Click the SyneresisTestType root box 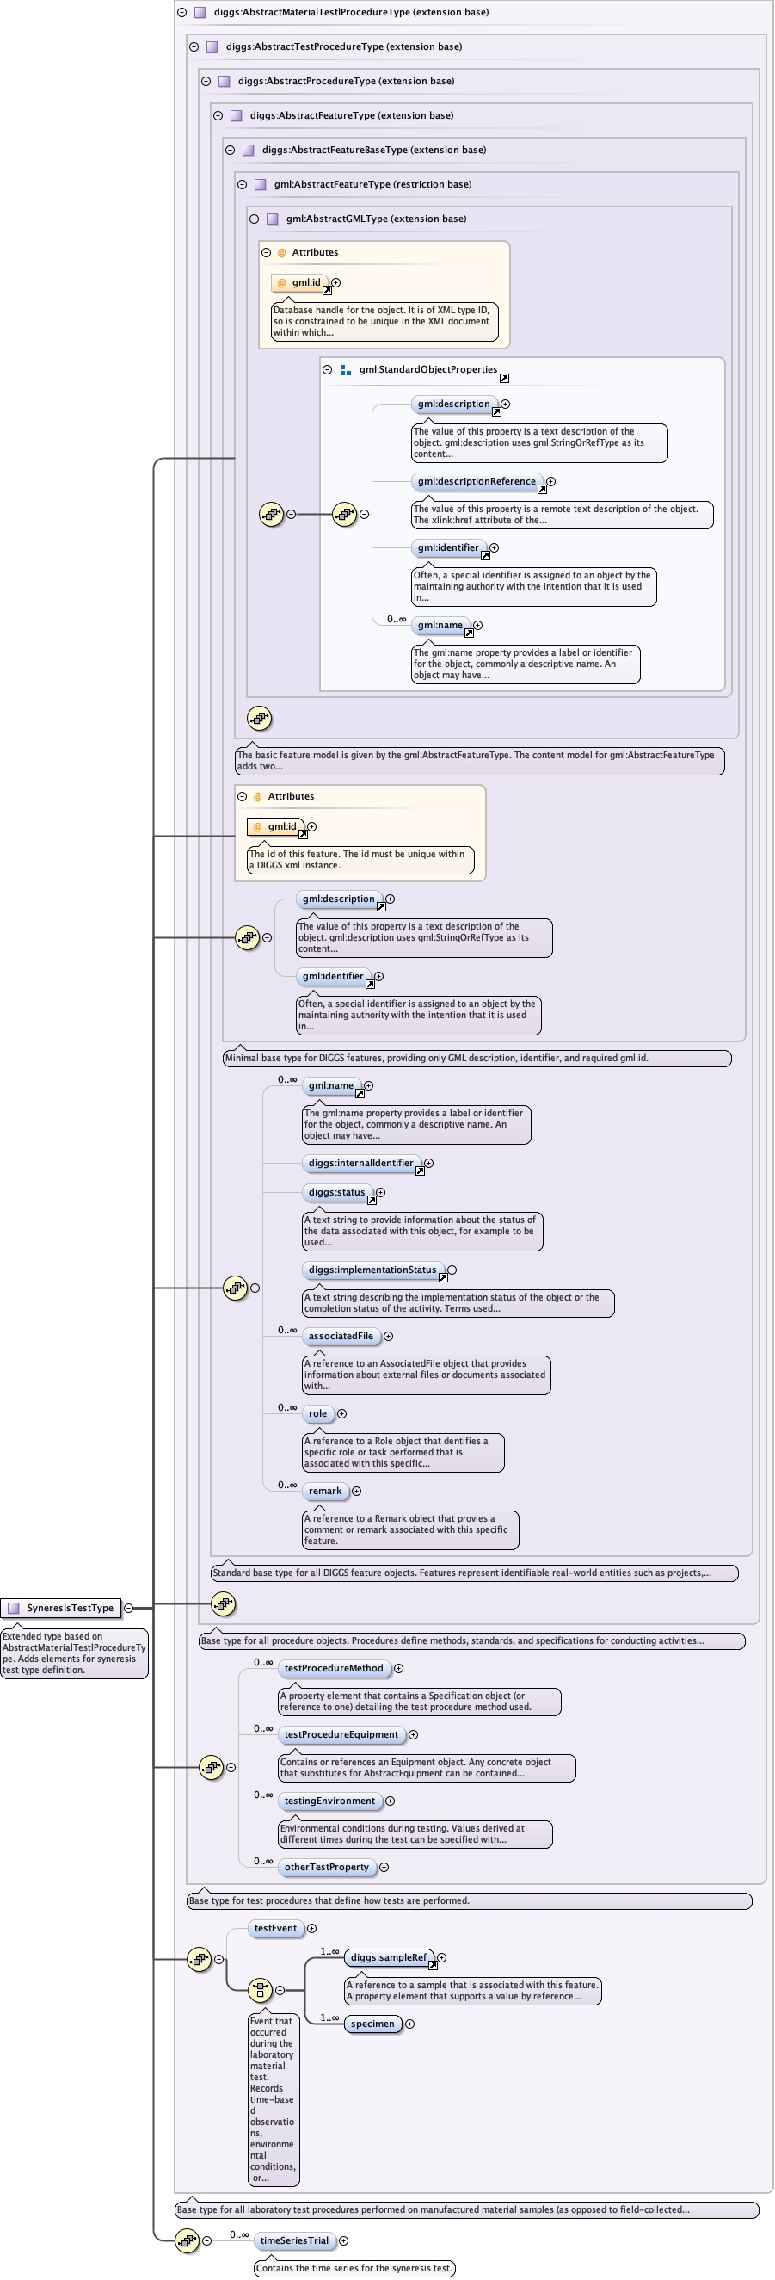click(x=62, y=1607)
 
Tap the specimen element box click(x=372, y=2024)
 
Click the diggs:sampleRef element click(x=389, y=1957)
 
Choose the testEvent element click(x=275, y=1928)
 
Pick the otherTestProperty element click(x=327, y=1867)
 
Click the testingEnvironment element click(x=329, y=1801)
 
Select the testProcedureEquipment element click(x=341, y=1734)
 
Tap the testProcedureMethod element click(x=334, y=1667)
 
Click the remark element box click(x=324, y=1491)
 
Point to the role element click(x=317, y=1413)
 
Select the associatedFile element click(x=341, y=1336)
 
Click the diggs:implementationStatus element click(x=372, y=1270)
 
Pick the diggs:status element click(x=336, y=1192)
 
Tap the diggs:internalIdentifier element click(x=360, y=1163)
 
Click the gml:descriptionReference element click(x=476, y=481)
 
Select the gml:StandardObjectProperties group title click(x=427, y=369)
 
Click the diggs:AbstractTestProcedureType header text click(x=343, y=46)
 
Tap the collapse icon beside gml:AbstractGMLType click(x=254, y=219)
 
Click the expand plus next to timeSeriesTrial click(x=344, y=2240)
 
